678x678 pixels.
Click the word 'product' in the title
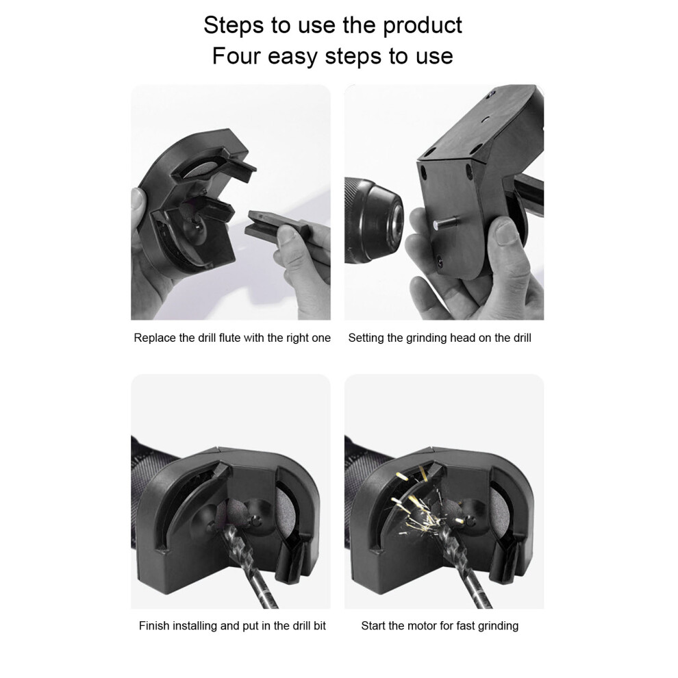pyautogui.click(x=423, y=26)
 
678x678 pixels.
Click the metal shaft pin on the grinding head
pyautogui.click(x=445, y=223)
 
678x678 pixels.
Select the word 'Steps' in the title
pyautogui.click(x=234, y=26)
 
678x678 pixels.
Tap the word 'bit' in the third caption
pyautogui.click(x=319, y=626)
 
